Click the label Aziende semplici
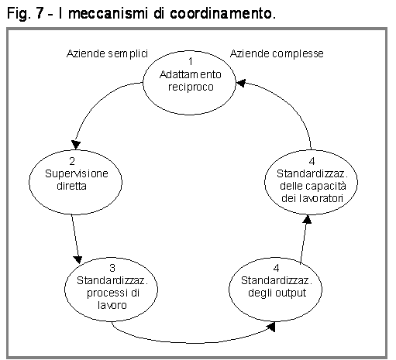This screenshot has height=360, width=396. tap(107, 54)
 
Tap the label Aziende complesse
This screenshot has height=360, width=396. tap(277, 54)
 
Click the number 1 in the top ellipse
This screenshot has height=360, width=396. tap(191, 62)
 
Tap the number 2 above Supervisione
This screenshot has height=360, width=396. tap(72, 161)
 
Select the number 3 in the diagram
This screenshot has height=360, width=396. tap(112, 268)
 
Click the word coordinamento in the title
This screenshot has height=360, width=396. tap(222, 13)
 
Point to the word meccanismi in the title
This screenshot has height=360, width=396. tap(108, 13)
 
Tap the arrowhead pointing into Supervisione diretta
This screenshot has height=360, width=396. tap(76, 145)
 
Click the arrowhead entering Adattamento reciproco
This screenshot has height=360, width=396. tap(241, 83)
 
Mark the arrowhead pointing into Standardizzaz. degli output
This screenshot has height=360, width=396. tap(271, 327)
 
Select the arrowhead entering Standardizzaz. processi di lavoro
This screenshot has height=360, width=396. tap(77, 259)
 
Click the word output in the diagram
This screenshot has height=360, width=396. tap(291, 293)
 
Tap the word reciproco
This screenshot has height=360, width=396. tap(191, 87)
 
